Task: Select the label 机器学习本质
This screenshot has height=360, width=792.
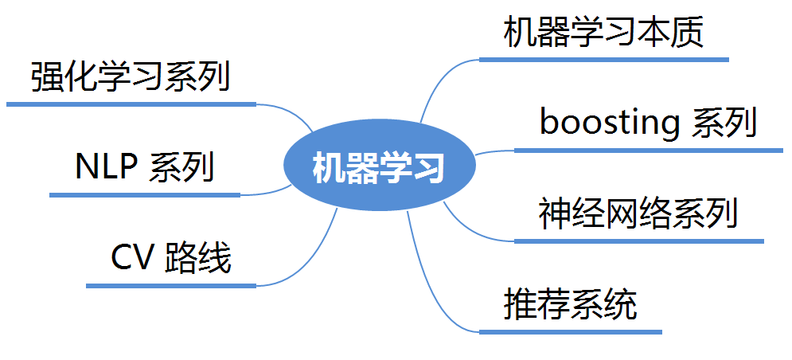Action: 603,33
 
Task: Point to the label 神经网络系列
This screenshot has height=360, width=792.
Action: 638,213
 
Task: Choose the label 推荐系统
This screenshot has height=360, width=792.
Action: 570,305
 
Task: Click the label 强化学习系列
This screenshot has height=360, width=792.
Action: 131,78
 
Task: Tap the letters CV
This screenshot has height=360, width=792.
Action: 132,258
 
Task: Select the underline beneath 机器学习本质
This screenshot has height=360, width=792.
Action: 603,59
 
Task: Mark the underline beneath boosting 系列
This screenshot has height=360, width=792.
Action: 648,150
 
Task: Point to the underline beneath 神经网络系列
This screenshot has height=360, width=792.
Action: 638,241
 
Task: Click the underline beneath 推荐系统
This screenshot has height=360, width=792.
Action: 570,331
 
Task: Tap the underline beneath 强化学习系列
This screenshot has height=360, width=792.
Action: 131,104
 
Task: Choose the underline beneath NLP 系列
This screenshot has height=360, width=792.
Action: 144,194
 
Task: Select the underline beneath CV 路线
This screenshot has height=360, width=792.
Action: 170,285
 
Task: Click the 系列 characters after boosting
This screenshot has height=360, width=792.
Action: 724,123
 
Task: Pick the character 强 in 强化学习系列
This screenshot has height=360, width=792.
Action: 47,78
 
